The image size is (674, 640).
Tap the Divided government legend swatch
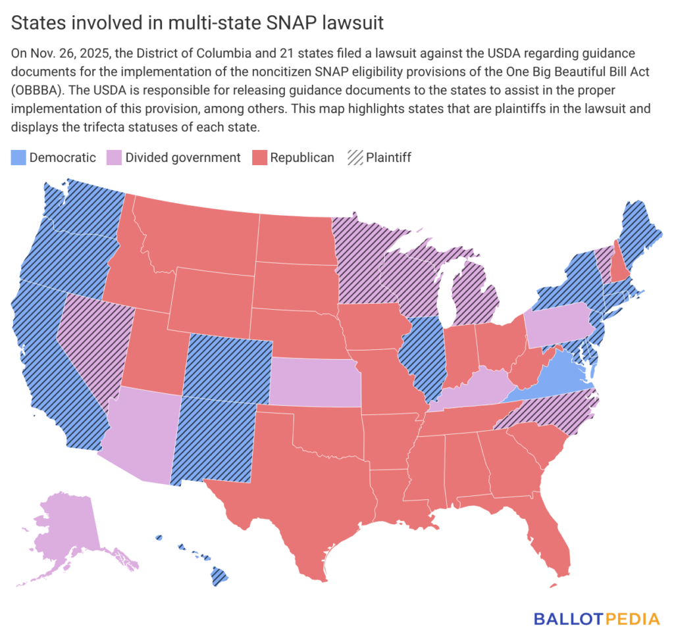[x=113, y=157]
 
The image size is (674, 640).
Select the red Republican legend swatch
[x=259, y=157]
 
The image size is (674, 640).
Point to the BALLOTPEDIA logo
[x=596, y=619]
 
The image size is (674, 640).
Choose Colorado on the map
[x=227, y=368]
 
